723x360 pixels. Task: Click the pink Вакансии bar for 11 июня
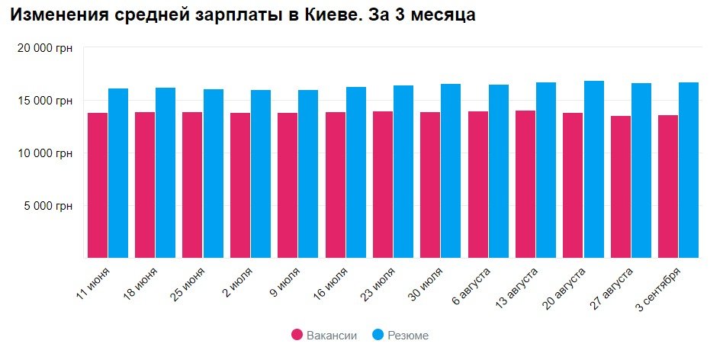pos(98,185)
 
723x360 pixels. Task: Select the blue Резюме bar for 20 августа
pos(593,169)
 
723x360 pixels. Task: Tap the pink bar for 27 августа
pos(622,187)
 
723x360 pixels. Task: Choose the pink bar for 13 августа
pos(526,184)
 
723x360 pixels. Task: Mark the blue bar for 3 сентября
pos(689,170)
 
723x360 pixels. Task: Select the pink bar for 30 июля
pos(430,185)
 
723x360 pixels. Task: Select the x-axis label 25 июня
pos(188,283)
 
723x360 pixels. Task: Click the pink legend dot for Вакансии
pos(297,335)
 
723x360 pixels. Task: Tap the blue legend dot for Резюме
pos(378,335)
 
